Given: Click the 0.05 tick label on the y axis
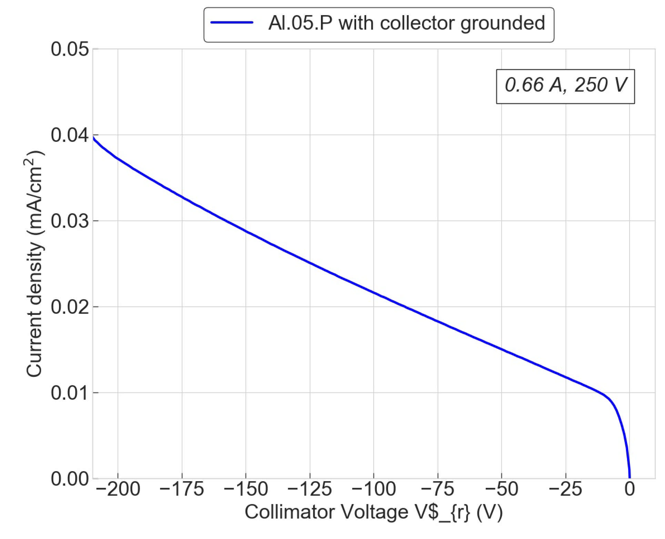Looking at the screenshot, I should pyautogui.click(x=70, y=49).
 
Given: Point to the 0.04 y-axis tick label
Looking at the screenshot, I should pyautogui.click(x=70, y=135).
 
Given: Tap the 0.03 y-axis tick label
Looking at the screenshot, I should pyautogui.click(x=70, y=221).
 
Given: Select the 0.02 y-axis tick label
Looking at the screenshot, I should pyautogui.click(x=70, y=307).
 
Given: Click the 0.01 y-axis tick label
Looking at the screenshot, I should pyautogui.click(x=70, y=393).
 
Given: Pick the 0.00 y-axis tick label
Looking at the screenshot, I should pyautogui.click(x=70, y=479).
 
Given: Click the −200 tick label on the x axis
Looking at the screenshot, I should pyautogui.click(x=118, y=489).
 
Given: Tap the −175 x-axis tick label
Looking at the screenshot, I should pyautogui.click(x=182, y=489).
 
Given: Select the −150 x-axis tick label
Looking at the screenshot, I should pyautogui.click(x=246, y=489).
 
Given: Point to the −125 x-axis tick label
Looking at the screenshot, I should pyautogui.click(x=310, y=489).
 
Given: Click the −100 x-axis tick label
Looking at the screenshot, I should pyautogui.click(x=374, y=489).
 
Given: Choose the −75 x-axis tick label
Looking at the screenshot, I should pyautogui.click(x=438, y=489).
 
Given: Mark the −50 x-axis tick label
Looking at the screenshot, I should pyautogui.click(x=502, y=489).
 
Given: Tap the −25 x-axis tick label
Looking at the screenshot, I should pyautogui.click(x=565, y=489).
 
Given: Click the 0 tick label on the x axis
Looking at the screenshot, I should pyautogui.click(x=629, y=489).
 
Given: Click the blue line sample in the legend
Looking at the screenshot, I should pyautogui.click(x=232, y=23).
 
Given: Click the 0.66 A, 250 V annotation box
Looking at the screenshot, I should pyautogui.click(x=565, y=86).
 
